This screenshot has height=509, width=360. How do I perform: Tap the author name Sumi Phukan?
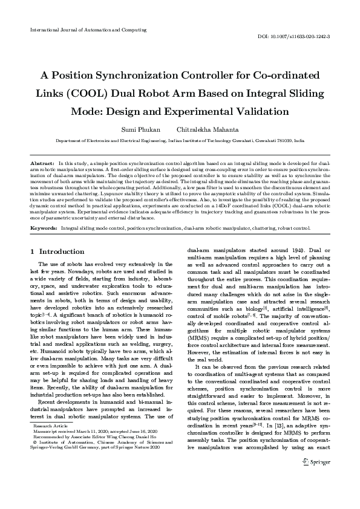coord(140,130)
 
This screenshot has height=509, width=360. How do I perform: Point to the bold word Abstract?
coord(42,164)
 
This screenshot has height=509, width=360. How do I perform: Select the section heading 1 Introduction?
coord(57,251)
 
